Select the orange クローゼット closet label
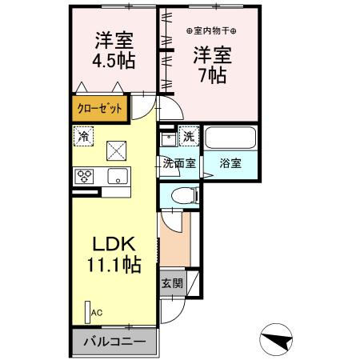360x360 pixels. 99,107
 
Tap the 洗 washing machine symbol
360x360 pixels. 189,137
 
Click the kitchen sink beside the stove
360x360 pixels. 117,177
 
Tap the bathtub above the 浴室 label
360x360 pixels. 229,138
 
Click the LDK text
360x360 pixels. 114,243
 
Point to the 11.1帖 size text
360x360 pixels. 114,265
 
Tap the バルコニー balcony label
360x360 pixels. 114,342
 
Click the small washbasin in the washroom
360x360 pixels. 168,138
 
